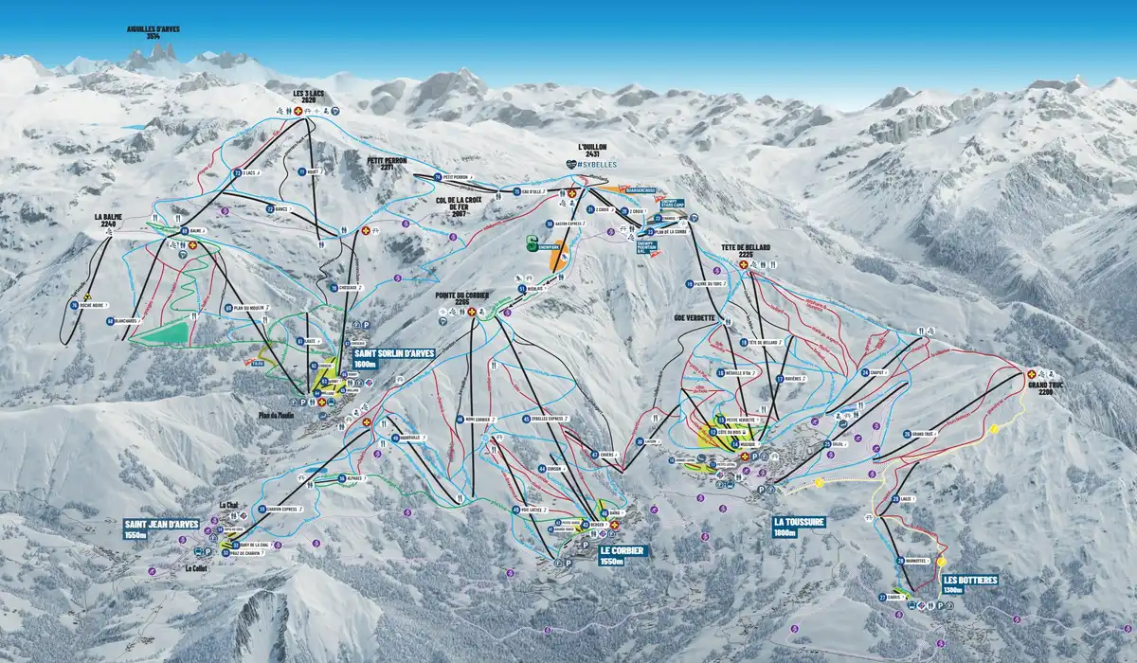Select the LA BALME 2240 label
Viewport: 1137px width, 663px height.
(x=108, y=221)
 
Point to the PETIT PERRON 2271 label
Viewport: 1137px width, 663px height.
(x=388, y=165)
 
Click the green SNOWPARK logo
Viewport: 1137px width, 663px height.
(x=532, y=241)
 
